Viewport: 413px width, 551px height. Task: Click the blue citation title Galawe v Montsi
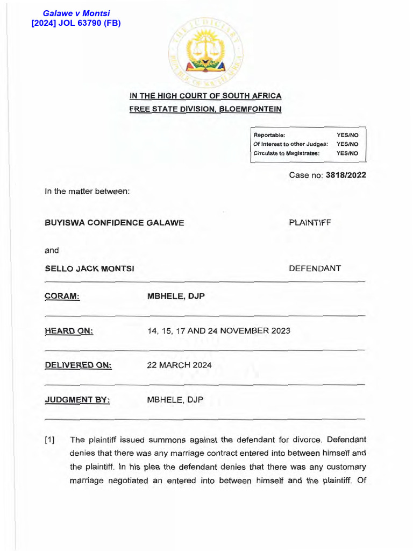(76, 13)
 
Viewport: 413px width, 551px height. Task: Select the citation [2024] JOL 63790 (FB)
(76, 23)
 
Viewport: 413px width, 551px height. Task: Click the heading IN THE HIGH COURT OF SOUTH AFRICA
(205, 96)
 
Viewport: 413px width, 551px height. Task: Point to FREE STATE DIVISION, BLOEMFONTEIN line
(205, 109)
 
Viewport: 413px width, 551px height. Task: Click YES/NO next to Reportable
(347, 135)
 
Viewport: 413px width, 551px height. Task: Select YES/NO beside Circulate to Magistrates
(347, 153)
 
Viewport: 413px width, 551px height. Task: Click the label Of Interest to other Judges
(290, 144)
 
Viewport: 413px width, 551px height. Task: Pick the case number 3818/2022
(346, 175)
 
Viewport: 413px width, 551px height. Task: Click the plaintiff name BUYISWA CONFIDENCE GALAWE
(115, 222)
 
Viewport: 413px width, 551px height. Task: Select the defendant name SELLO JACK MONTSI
(90, 269)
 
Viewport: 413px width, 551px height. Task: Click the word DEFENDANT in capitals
(315, 268)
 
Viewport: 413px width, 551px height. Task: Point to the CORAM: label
(62, 296)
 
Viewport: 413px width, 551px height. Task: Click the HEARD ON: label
(69, 331)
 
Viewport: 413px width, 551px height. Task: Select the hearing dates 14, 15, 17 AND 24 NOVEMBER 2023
(218, 330)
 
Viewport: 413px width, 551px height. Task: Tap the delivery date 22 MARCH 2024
(179, 365)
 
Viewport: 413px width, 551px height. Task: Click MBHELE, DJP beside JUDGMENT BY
(175, 400)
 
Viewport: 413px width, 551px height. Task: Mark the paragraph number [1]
(49, 440)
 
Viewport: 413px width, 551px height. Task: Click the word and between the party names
(52, 250)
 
